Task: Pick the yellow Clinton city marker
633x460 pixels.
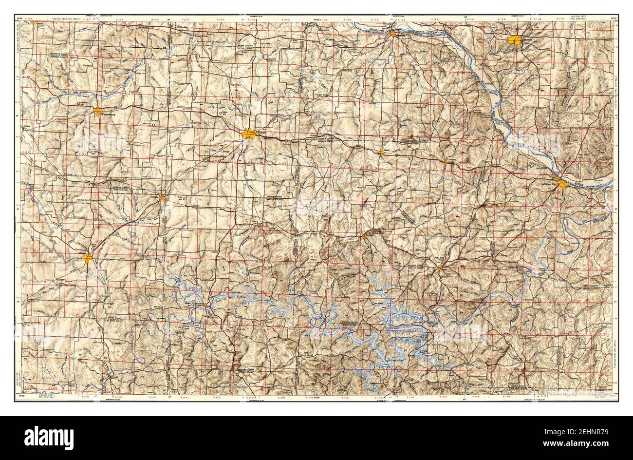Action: [x=88, y=258]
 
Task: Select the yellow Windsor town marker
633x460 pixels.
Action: [x=162, y=198]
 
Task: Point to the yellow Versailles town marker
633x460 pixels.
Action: [x=363, y=237]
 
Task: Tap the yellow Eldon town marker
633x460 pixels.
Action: [x=440, y=267]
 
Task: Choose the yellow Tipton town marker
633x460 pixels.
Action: [x=382, y=152]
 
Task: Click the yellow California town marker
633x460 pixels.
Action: [x=445, y=161]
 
